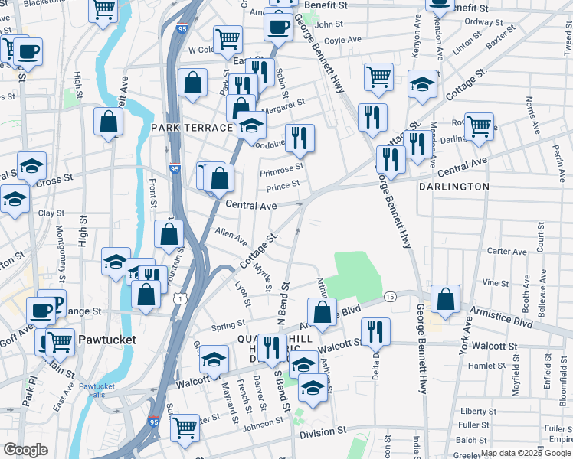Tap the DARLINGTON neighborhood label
pos(454,186)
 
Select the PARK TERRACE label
pos(191,127)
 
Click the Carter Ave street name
pos(506,251)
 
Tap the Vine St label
pos(512,282)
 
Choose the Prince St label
pos(282,186)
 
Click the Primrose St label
pos(282,166)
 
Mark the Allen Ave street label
pos(231,236)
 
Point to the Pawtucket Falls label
pos(97,389)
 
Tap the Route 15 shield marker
pos(390,296)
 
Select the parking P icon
pos(53,302)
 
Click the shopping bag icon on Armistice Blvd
pos(323,311)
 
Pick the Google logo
pos(26,450)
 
